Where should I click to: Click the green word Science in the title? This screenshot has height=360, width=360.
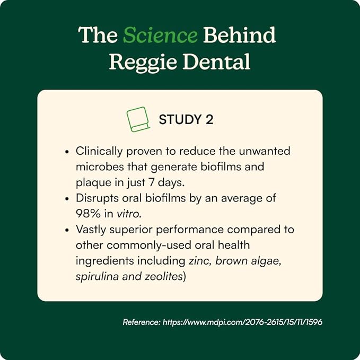160,36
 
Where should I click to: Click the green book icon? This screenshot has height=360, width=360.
138,119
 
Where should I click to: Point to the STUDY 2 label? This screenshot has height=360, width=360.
186,120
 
